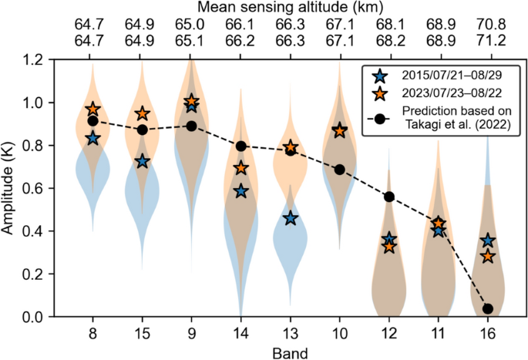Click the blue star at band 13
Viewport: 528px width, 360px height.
[x=290, y=218]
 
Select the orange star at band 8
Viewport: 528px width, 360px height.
[x=93, y=109]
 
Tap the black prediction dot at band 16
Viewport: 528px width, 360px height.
[x=487, y=308]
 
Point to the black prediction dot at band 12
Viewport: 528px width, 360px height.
[x=389, y=197]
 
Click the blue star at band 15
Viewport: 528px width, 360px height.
[x=143, y=161]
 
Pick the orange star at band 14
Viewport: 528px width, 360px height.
[x=241, y=167]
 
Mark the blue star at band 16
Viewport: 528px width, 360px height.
[x=487, y=241]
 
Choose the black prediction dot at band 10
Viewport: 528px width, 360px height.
[x=340, y=169]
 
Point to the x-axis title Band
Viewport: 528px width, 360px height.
[x=290, y=352]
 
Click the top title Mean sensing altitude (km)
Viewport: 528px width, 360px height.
[x=290, y=8]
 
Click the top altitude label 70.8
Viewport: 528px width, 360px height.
[x=487, y=25]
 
